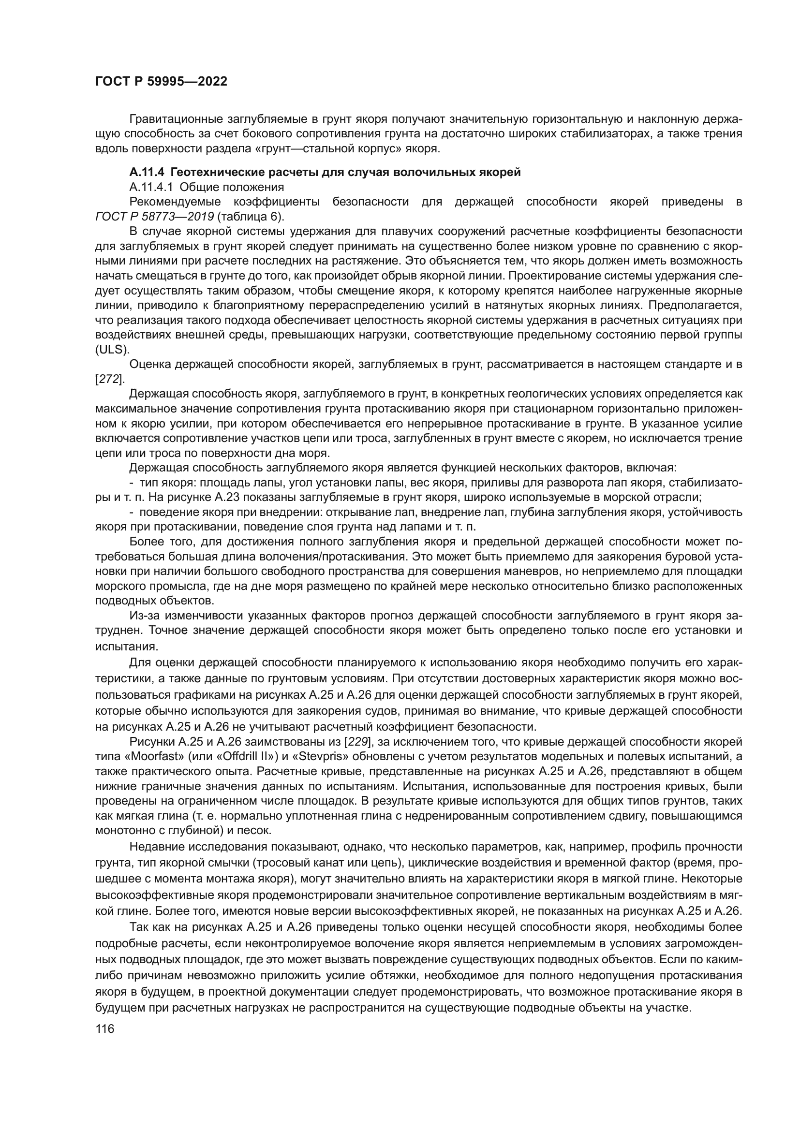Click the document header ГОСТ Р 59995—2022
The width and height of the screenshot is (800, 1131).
pyautogui.click(x=161, y=82)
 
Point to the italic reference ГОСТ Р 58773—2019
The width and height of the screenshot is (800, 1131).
pyautogui.click(x=154, y=217)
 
